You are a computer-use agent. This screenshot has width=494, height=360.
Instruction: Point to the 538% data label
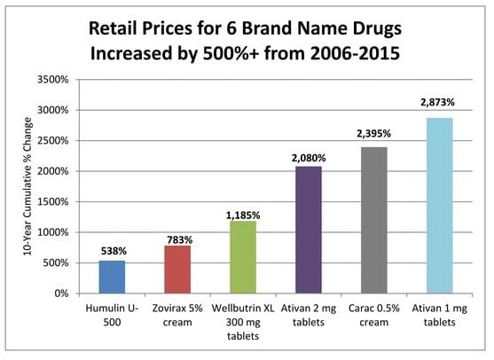pos(112,252)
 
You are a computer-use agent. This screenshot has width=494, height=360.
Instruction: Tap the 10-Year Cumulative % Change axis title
pos(28,186)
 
